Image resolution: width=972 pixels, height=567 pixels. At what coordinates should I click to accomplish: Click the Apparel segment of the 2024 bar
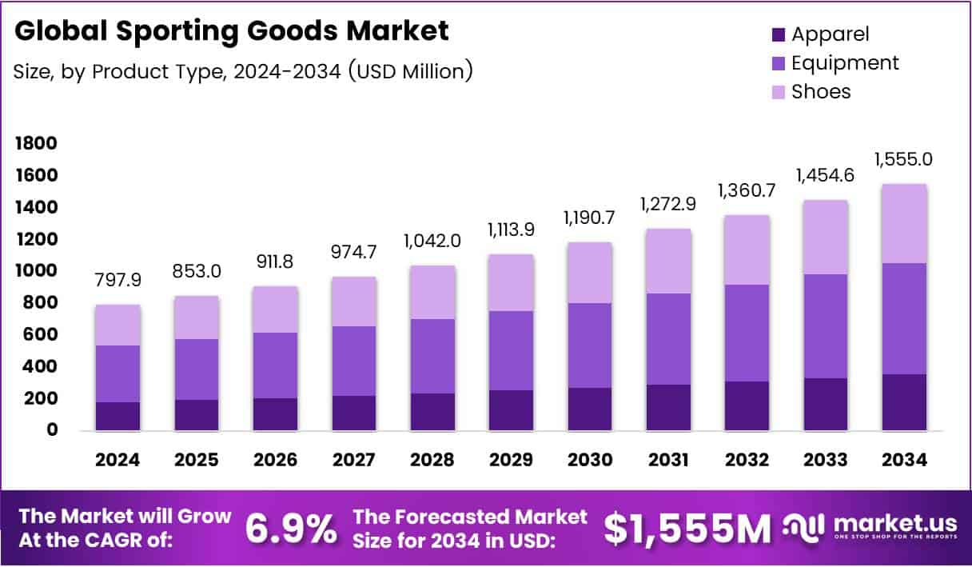pos(117,416)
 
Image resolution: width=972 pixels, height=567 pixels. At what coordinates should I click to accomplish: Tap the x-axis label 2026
pos(275,460)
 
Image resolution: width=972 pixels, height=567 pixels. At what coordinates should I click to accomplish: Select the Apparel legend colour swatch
pos(779,35)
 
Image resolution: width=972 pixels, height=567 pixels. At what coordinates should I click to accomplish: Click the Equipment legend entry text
pos(845,63)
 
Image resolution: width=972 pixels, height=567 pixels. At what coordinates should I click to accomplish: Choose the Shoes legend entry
pos(821,91)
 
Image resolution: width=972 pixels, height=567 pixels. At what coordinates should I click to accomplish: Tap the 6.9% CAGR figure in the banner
pos(290,528)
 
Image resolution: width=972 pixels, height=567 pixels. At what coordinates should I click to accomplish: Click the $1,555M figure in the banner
pos(687,528)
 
